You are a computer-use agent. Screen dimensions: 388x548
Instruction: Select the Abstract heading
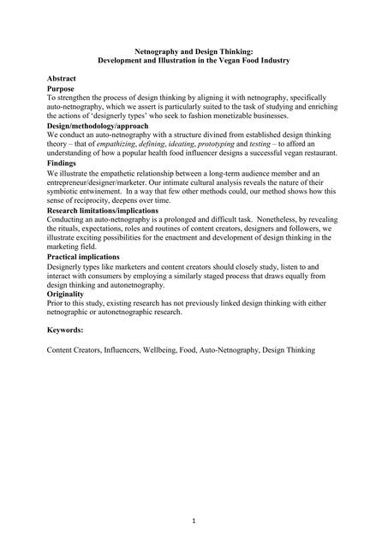pyautogui.click(x=62, y=78)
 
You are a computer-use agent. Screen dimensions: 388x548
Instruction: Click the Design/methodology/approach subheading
pyautogui.click(x=98, y=126)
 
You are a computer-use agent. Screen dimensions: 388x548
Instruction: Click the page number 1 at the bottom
pyautogui.click(x=194, y=521)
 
